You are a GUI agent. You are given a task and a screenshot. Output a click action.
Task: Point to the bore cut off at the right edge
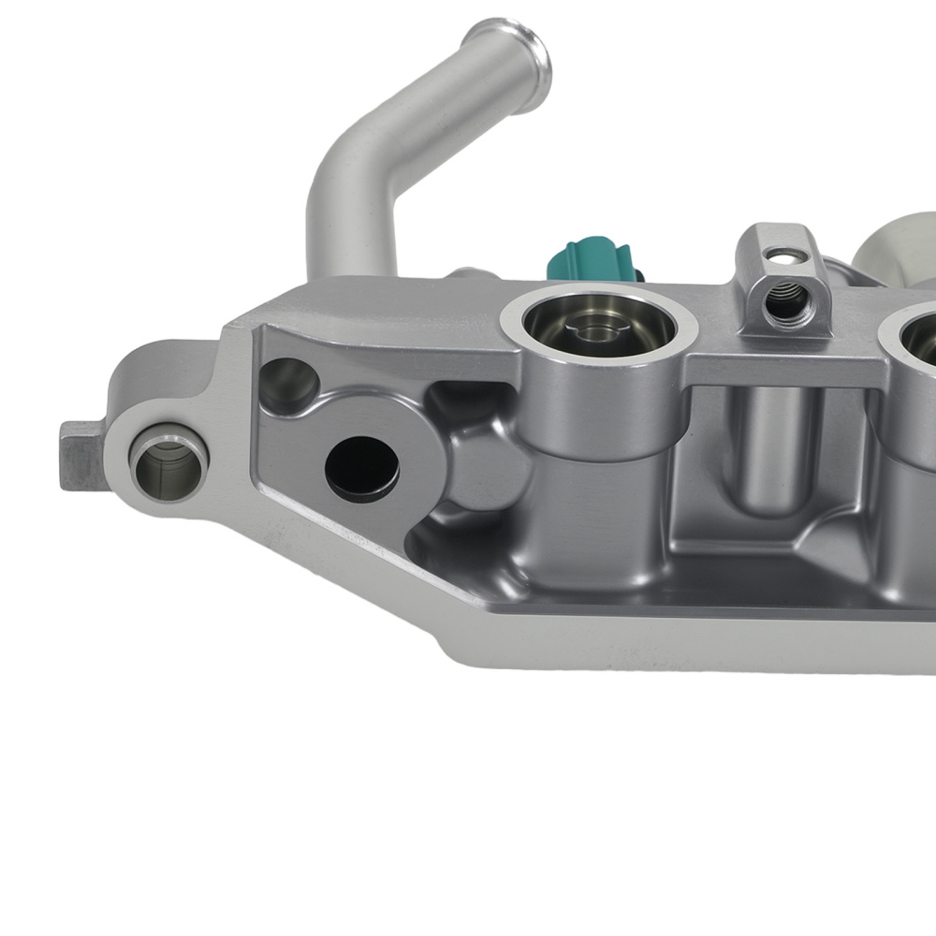pos(922,342)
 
